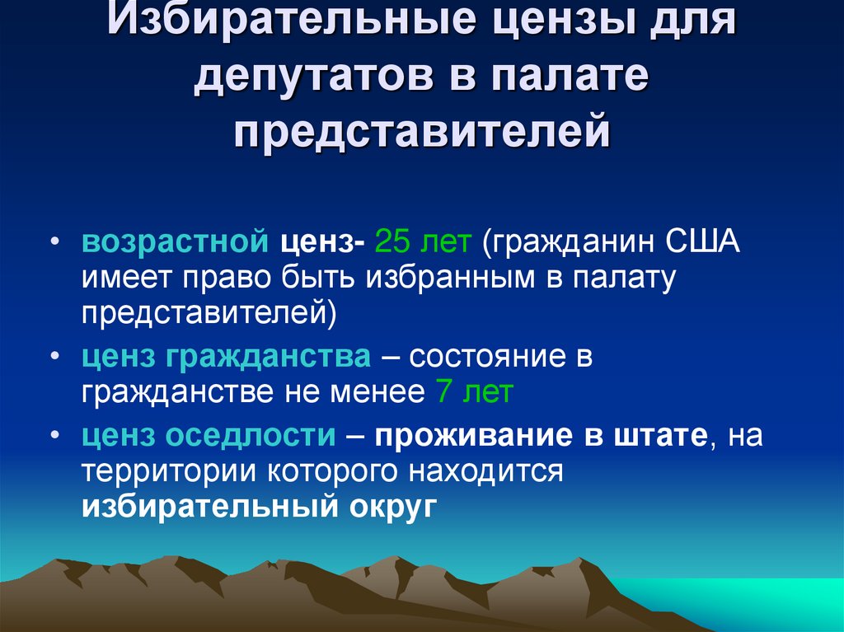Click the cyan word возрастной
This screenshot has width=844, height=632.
(x=174, y=244)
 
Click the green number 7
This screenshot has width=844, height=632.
(x=443, y=393)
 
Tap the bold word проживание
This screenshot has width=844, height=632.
(x=474, y=435)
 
